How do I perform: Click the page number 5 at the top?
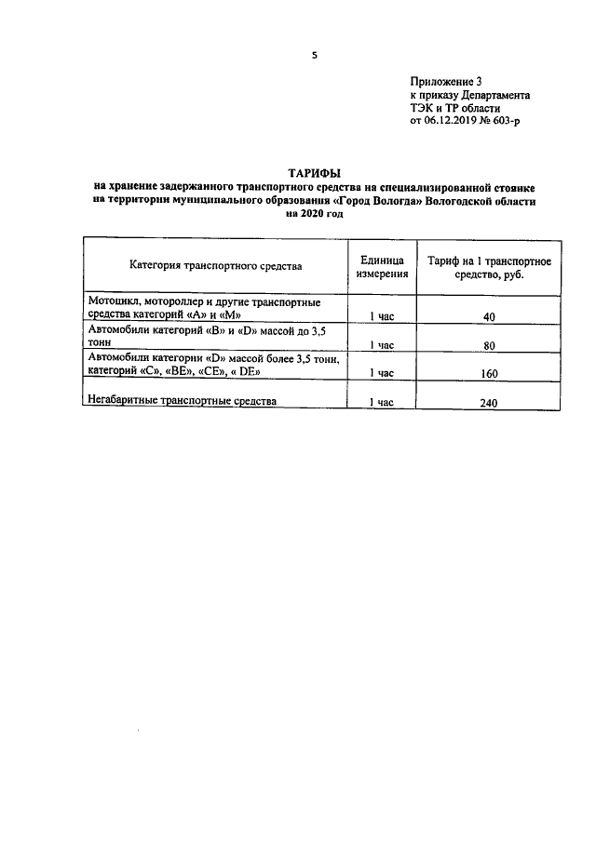[315, 55]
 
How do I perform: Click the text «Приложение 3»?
[446, 83]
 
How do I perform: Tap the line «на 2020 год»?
[315, 214]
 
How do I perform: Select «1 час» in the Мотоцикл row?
[383, 317]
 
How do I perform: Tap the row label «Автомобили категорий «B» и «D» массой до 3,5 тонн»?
[205, 337]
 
